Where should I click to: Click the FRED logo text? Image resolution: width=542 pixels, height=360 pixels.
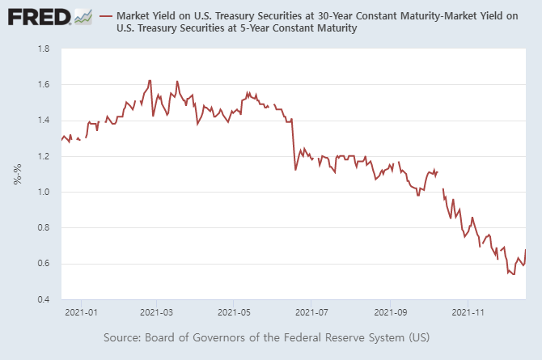36,16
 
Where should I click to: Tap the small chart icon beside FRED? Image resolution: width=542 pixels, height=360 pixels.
83,15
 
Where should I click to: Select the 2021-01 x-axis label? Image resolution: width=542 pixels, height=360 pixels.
82,311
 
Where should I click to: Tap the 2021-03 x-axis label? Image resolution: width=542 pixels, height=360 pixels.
157,311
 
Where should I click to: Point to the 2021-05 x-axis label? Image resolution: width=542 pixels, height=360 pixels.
233,311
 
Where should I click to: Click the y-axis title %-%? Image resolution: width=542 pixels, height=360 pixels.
17,174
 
